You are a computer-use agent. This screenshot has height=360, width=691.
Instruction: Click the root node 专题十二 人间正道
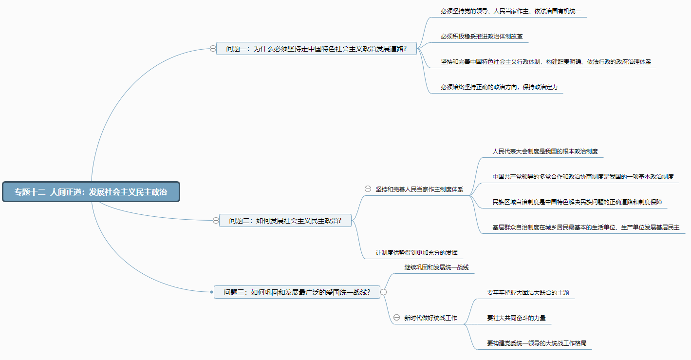[91, 191]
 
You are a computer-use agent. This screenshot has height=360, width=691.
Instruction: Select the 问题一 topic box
[317, 48]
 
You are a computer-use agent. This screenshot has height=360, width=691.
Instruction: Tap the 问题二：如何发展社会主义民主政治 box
[285, 220]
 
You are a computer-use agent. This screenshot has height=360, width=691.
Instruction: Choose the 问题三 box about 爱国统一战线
[297, 292]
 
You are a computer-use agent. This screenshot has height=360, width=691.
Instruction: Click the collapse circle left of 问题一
[213, 48]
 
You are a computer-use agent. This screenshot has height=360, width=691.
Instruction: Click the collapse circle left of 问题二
[216, 220]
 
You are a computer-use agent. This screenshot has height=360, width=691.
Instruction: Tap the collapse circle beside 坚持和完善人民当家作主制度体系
[368, 189]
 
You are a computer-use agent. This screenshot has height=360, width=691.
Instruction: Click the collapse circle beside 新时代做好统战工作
[396, 318]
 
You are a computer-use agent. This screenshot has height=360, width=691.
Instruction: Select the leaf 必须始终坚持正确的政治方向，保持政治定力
[499, 87]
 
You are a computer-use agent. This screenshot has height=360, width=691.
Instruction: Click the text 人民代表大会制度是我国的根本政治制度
[545, 151]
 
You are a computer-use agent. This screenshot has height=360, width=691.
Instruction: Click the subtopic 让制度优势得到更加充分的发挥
[416, 253]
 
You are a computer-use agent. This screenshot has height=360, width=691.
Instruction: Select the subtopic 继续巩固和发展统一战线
[436, 267]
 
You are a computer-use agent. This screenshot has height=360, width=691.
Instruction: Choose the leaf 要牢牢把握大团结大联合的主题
[528, 293]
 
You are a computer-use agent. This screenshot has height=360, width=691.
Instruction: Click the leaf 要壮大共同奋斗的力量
[516, 318]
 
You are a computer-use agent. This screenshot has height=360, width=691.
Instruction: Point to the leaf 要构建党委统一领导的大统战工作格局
[537, 343]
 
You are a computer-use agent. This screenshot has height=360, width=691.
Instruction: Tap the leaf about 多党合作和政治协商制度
[583, 176]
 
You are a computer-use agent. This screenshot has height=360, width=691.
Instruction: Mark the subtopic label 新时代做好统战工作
[430, 318]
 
